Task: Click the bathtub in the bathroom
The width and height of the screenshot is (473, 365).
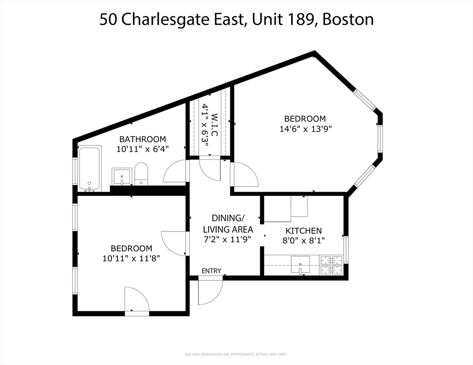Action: click(89, 168)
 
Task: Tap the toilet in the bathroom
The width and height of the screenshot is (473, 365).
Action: click(141, 174)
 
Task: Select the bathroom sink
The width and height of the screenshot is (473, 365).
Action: click(122, 176)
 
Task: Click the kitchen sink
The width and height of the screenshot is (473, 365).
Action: click(300, 265)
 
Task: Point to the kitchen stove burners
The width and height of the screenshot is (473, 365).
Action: click(331, 265)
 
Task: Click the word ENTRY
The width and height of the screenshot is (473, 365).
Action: click(211, 271)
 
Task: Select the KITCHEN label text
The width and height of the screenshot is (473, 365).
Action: click(304, 231)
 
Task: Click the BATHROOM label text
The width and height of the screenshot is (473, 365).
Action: click(142, 139)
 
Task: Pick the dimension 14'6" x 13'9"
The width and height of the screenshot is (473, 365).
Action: click(305, 128)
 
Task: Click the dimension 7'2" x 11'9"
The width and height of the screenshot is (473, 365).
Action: click(227, 239)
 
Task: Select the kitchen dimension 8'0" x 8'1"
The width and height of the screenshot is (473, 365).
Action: click(304, 240)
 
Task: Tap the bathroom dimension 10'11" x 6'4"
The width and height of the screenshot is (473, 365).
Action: click(142, 149)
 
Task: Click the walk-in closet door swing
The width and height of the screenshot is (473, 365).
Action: click(210, 167)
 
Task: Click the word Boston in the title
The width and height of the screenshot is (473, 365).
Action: click(348, 19)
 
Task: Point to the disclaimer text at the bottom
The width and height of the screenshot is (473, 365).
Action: click(236, 354)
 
